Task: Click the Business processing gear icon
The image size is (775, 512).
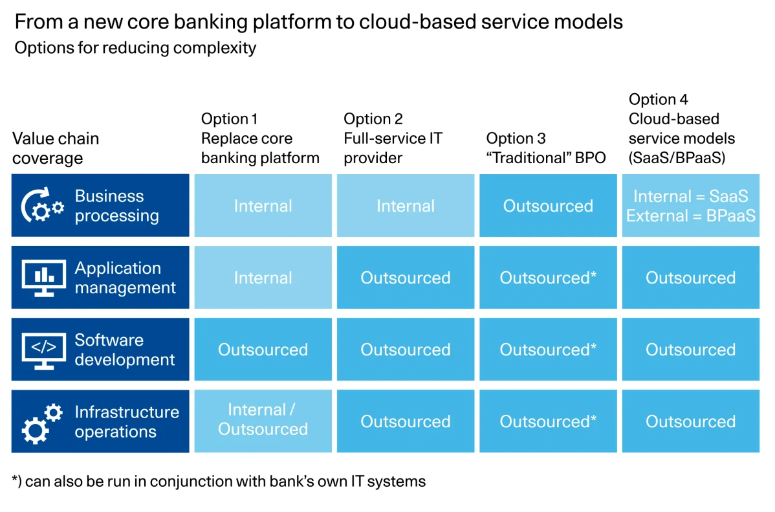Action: [43, 205]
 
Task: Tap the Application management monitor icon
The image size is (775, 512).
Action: [43, 278]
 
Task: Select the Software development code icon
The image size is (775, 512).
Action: [43, 350]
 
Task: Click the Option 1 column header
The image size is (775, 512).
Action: [260, 138]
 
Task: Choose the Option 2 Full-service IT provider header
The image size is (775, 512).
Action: [393, 138]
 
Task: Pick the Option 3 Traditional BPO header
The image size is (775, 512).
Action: [545, 148]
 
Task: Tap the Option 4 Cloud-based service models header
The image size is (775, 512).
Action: [682, 128]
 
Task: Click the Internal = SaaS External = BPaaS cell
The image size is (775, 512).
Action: [690, 205]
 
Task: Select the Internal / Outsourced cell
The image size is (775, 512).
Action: [263, 421]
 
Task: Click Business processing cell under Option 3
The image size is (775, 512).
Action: [548, 205]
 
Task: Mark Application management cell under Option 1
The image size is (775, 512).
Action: [263, 278]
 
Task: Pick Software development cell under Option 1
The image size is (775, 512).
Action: [263, 350]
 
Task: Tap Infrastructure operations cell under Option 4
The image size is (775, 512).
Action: [690, 421]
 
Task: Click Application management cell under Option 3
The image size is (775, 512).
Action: [548, 278]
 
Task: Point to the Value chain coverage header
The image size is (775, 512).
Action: [56, 148]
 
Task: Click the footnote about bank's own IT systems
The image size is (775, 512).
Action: [219, 482]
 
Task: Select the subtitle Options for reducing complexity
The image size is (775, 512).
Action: [135, 48]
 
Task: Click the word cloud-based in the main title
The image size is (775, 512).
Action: [417, 22]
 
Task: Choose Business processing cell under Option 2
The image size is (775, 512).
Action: [406, 205]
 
